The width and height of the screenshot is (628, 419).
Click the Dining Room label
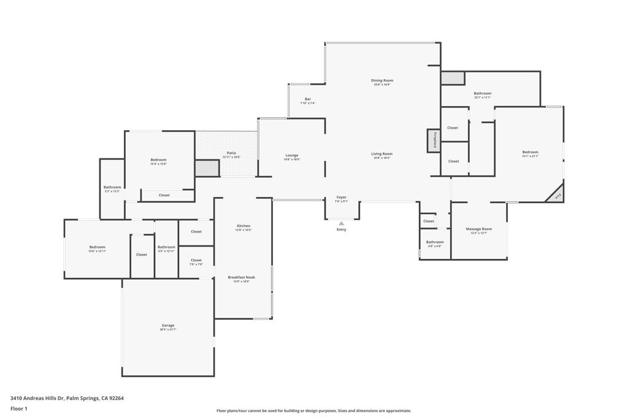click(x=382, y=80)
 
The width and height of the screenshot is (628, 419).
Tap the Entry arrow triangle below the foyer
click(x=342, y=223)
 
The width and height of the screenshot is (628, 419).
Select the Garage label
click(x=168, y=326)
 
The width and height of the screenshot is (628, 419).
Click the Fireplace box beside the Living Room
click(x=434, y=140)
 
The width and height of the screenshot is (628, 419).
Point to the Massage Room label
click(x=478, y=229)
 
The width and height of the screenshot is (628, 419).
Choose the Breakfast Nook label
click(x=241, y=277)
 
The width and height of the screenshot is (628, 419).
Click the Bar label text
click(x=308, y=99)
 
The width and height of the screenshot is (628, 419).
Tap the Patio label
click(x=231, y=153)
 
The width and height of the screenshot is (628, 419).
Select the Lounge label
click(x=292, y=155)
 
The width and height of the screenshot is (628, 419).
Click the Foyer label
click(x=342, y=198)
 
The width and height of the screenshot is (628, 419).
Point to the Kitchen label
click(x=243, y=226)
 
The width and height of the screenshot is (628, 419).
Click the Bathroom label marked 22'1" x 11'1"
click(x=482, y=93)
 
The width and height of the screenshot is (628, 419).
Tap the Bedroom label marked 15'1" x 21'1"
click(x=530, y=152)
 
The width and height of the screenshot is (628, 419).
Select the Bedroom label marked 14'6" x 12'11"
click(x=98, y=247)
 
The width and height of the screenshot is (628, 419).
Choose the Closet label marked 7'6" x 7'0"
click(x=196, y=260)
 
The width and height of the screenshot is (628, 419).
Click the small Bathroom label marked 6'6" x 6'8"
click(x=435, y=242)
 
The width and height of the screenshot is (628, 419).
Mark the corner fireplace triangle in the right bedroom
click(x=557, y=196)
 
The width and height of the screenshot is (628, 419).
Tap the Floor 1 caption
click(x=19, y=409)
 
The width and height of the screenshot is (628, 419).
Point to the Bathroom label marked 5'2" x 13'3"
click(x=112, y=187)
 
